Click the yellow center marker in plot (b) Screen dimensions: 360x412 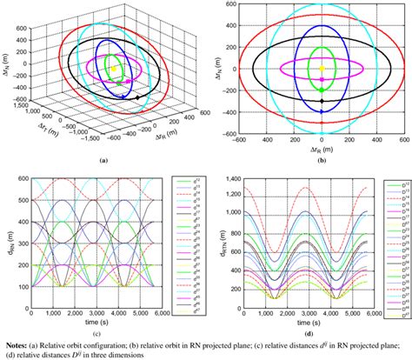click(x=322, y=68)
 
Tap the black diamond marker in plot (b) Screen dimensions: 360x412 click(x=322, y=101)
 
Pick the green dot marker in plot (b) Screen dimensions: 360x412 click(x=322, y=90)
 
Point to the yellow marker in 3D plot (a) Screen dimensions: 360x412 click(x=114, y=68)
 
